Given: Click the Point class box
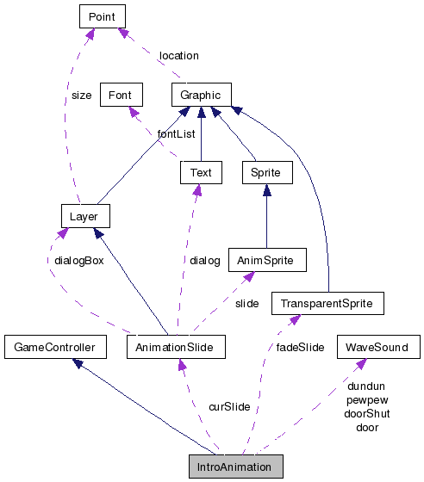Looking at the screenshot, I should pos(103,15).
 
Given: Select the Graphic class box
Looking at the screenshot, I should pos(201,95).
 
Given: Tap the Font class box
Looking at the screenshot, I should pos(121,95).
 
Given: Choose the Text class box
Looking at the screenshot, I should pos(201,172).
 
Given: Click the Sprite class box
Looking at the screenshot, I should pos(265,172).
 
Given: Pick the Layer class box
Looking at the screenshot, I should pos(84,216).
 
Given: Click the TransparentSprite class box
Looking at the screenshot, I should pos(327,303).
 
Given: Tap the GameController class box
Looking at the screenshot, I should pos(55,347).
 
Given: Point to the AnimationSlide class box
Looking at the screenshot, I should pos(176,347).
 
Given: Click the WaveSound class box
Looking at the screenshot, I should pos(378,347).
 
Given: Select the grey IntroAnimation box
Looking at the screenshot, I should pos(236,467).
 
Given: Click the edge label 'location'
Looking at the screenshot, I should pos(178,55).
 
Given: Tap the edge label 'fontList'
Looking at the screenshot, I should pos(176,133).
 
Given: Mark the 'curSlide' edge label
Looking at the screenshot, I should pos(229,406).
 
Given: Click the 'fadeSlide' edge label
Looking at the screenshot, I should pos(300,347).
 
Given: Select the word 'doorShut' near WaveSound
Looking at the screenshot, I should pos(368,413).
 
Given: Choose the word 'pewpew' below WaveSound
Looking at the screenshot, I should pos(368,399).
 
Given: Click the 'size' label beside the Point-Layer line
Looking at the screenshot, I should pos(81,96).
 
